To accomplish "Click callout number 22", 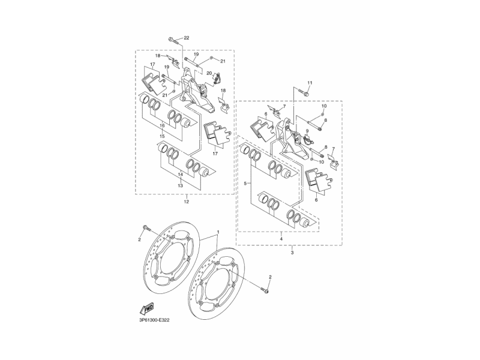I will click(x=186, y=38).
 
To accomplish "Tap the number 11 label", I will click(x=310, y=82).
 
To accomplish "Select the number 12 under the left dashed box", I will click(x=186, y=202).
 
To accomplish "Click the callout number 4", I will click(x=281, y=239).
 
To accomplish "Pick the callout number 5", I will click(x=245, y=182).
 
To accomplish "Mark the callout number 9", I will click(x=307, y=131).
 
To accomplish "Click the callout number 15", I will click(x=161, y=136).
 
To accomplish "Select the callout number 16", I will click(x=161, y=125).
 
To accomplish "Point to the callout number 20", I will click(x=209, y=73).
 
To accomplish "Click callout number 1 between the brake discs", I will click(x=218, y=232).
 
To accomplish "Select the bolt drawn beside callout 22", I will click(x=173, y=40).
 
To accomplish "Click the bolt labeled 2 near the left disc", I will click(x=148, y=228).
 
